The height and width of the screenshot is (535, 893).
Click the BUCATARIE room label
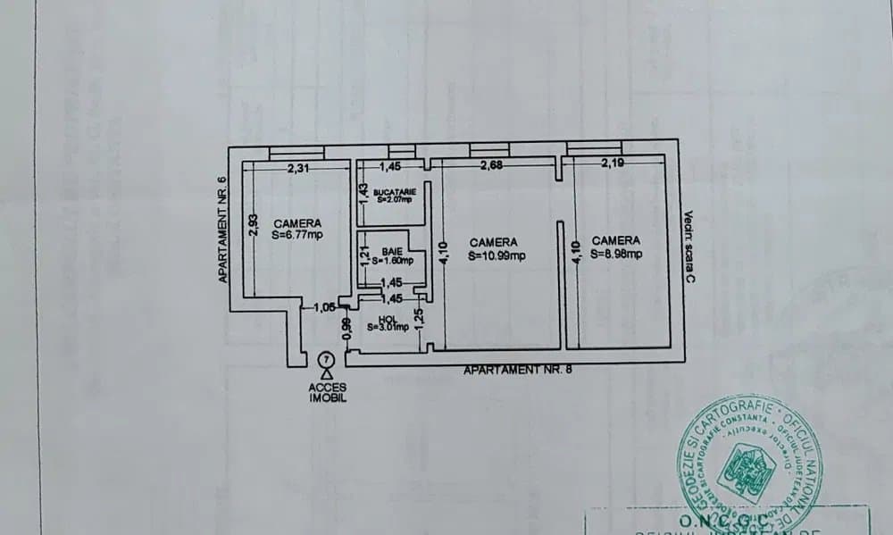394,192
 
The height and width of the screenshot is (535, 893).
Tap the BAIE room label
392,253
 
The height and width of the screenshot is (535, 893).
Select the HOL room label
387,319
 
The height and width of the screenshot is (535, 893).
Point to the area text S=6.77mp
297,235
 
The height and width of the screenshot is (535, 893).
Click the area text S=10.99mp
497,255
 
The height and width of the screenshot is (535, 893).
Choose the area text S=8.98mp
616,253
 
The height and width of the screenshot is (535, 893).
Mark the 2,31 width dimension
298,168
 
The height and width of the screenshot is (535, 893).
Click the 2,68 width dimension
493,164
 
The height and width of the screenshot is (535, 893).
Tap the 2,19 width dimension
613,163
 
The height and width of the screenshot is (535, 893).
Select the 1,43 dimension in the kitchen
363,191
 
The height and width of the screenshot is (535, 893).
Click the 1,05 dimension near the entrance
324,307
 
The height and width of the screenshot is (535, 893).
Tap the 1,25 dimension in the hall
421,317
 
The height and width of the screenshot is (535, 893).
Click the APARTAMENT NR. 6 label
223,230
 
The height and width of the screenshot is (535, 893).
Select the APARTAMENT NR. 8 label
517,370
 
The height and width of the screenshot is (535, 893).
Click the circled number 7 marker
326,358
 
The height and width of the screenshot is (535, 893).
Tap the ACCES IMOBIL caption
328,393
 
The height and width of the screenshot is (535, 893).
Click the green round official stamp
750,464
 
